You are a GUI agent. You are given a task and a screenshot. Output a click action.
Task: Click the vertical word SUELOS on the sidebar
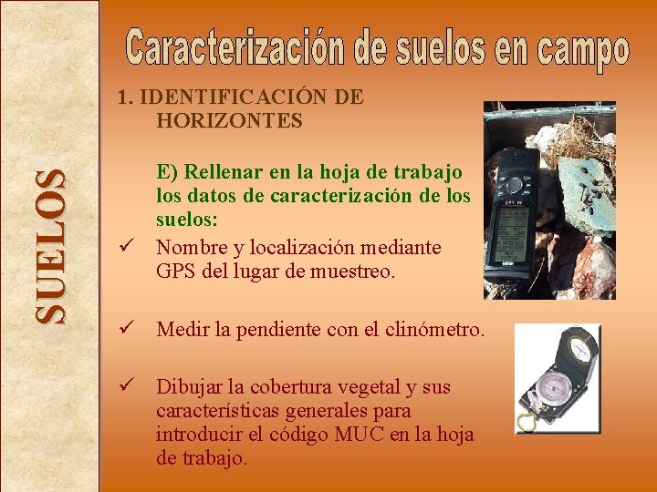[x=51, y=246]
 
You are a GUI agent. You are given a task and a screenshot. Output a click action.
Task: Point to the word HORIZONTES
[x=229, y=119]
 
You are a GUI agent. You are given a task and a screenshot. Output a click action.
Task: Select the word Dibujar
[x=191, y=387]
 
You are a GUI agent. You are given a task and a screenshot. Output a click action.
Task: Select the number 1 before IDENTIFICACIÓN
[x=121, y=97]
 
